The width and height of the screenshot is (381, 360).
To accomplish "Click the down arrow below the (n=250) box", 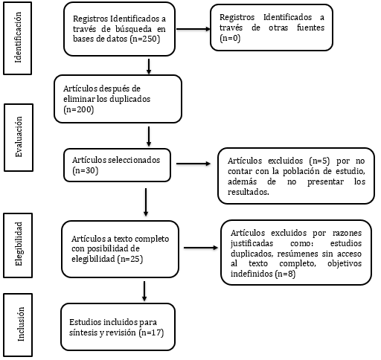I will (x=150, y=66).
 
